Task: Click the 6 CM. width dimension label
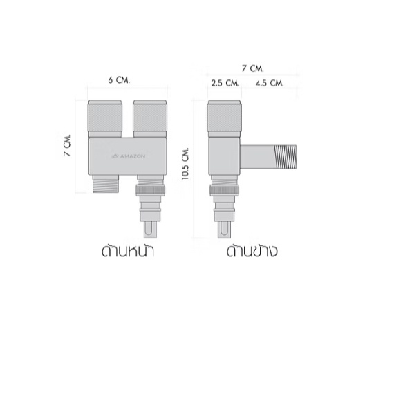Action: [x=119, y=80]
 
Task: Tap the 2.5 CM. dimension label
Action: [x=225, y=83]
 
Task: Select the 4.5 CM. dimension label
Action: [x=270, y=83]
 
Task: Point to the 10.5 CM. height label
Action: [x=185, y=164]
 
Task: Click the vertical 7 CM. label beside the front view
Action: [x=67, y=145]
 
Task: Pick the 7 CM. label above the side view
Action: [x=252, y=68]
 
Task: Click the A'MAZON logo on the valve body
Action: [x=129, y=156]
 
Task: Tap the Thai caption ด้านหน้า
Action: [x=128, y=251]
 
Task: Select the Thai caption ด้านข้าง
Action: [x=252, y=251]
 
